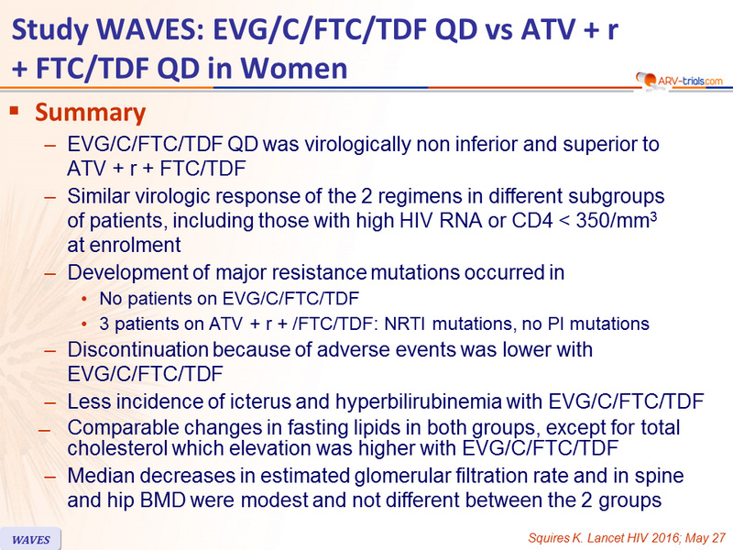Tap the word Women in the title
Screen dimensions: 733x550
pos(294,68)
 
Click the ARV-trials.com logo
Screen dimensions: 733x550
pos(679,82)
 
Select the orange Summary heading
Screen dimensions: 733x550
pos(90,112)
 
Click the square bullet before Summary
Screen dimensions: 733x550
pos(14,111)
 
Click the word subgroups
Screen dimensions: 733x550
pos(616,197)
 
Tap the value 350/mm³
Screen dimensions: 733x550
pos(616,220)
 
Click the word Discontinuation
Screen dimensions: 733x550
pos(138,349)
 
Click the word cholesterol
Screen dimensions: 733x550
pos(117,448)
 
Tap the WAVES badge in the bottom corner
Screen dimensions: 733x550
pos(31,539)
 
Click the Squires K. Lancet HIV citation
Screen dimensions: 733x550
pos(627,538)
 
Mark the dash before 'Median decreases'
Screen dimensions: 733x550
pos(50,477)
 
